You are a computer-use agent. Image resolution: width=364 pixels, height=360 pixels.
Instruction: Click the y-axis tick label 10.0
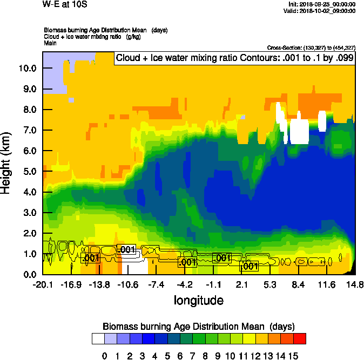click(x=26, y=69)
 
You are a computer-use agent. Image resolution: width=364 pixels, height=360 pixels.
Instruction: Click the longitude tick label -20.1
click(x=43, y=284)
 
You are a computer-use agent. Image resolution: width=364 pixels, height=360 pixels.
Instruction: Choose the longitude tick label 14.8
click(x=354, y=284)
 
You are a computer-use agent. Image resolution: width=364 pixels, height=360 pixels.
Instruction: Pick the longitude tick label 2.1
click(x=242, y=284)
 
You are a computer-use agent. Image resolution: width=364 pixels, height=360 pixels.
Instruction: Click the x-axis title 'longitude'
click(x=198, y=300)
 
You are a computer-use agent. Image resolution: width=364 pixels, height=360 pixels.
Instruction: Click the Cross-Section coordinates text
click(x=311, y=47)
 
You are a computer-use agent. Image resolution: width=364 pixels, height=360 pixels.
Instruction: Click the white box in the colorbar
click(x=98, y=339)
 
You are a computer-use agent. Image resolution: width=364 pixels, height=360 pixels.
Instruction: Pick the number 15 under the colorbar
click(x=293, y=356)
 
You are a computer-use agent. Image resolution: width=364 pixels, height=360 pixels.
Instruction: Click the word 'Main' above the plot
click(x=50, y=42)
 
